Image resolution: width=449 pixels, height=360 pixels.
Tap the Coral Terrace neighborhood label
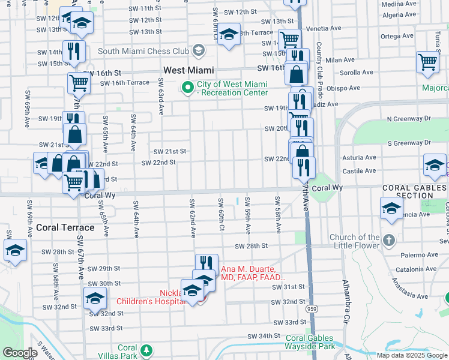point(65,227)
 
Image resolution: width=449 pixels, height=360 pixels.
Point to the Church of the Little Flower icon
point(389,241)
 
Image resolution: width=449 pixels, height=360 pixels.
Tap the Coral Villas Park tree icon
point(145,349)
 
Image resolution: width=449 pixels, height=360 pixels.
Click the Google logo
point(20,352)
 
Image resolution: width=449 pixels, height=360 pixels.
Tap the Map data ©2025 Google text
point(411,355)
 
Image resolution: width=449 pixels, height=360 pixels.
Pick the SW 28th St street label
point(251,246)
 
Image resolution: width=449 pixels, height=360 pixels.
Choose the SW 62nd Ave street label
point(193,217)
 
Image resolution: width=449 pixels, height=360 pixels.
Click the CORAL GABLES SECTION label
point(414,191)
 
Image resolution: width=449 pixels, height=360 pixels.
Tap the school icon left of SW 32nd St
point(95,298)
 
